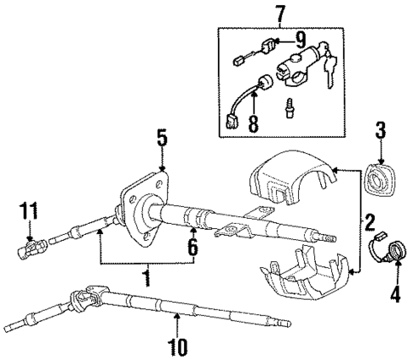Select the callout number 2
point(370,224)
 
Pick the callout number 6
point(193,247)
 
